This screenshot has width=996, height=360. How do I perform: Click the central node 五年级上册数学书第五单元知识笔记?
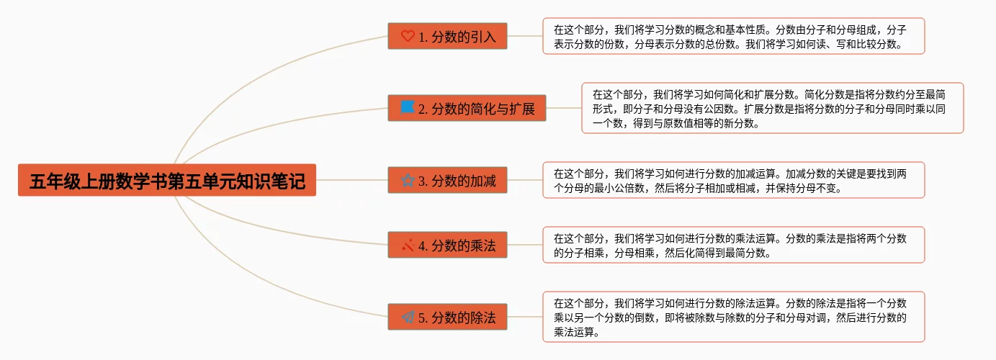[x=167, y=181]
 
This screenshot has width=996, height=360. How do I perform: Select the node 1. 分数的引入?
[x=447, y=36]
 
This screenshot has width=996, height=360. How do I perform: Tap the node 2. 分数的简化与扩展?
[x=467, y=109]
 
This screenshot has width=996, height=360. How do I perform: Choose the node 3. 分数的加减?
[x=447, y=181]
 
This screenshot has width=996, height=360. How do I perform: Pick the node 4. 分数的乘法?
[x=447, y=246]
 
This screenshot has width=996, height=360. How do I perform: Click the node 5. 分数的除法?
[x=447, y=317]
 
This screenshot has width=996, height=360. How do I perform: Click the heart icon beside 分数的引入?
[x=408, y=36]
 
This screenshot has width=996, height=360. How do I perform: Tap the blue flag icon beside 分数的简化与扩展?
[x=408, y=108]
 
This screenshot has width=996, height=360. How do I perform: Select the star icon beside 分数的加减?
[x=408, y=181]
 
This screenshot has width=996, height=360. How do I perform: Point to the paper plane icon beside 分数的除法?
[x=408, y=317]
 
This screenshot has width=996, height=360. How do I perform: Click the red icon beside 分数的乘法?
[x=408, y=246]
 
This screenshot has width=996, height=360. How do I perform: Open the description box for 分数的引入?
[x=733, y=36]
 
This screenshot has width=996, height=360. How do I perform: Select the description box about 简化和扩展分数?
[x=772, y=108]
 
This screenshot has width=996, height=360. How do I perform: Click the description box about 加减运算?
[x=733, y=180]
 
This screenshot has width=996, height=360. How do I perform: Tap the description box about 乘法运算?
[x=733, y=245]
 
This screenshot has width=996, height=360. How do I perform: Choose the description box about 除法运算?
[x=733, y=317]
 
